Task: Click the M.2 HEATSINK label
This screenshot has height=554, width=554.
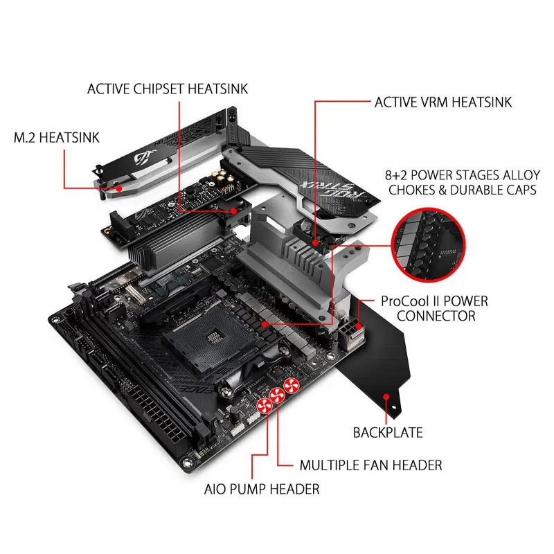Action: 57,138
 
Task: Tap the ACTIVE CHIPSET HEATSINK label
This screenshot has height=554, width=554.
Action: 168,89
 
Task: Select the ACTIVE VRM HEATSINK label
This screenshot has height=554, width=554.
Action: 443,102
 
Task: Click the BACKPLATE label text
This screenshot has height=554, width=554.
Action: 388,432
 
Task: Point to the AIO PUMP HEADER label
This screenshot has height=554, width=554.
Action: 262,489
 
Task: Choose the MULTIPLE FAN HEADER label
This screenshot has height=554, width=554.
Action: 370,465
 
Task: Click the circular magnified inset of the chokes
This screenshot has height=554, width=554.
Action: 428,245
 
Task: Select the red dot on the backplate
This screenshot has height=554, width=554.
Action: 386,396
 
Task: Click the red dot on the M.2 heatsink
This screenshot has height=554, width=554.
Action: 119,188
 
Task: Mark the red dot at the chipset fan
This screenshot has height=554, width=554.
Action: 233,211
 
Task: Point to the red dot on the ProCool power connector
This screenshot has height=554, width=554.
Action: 359,326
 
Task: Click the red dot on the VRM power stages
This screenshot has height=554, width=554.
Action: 265,324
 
